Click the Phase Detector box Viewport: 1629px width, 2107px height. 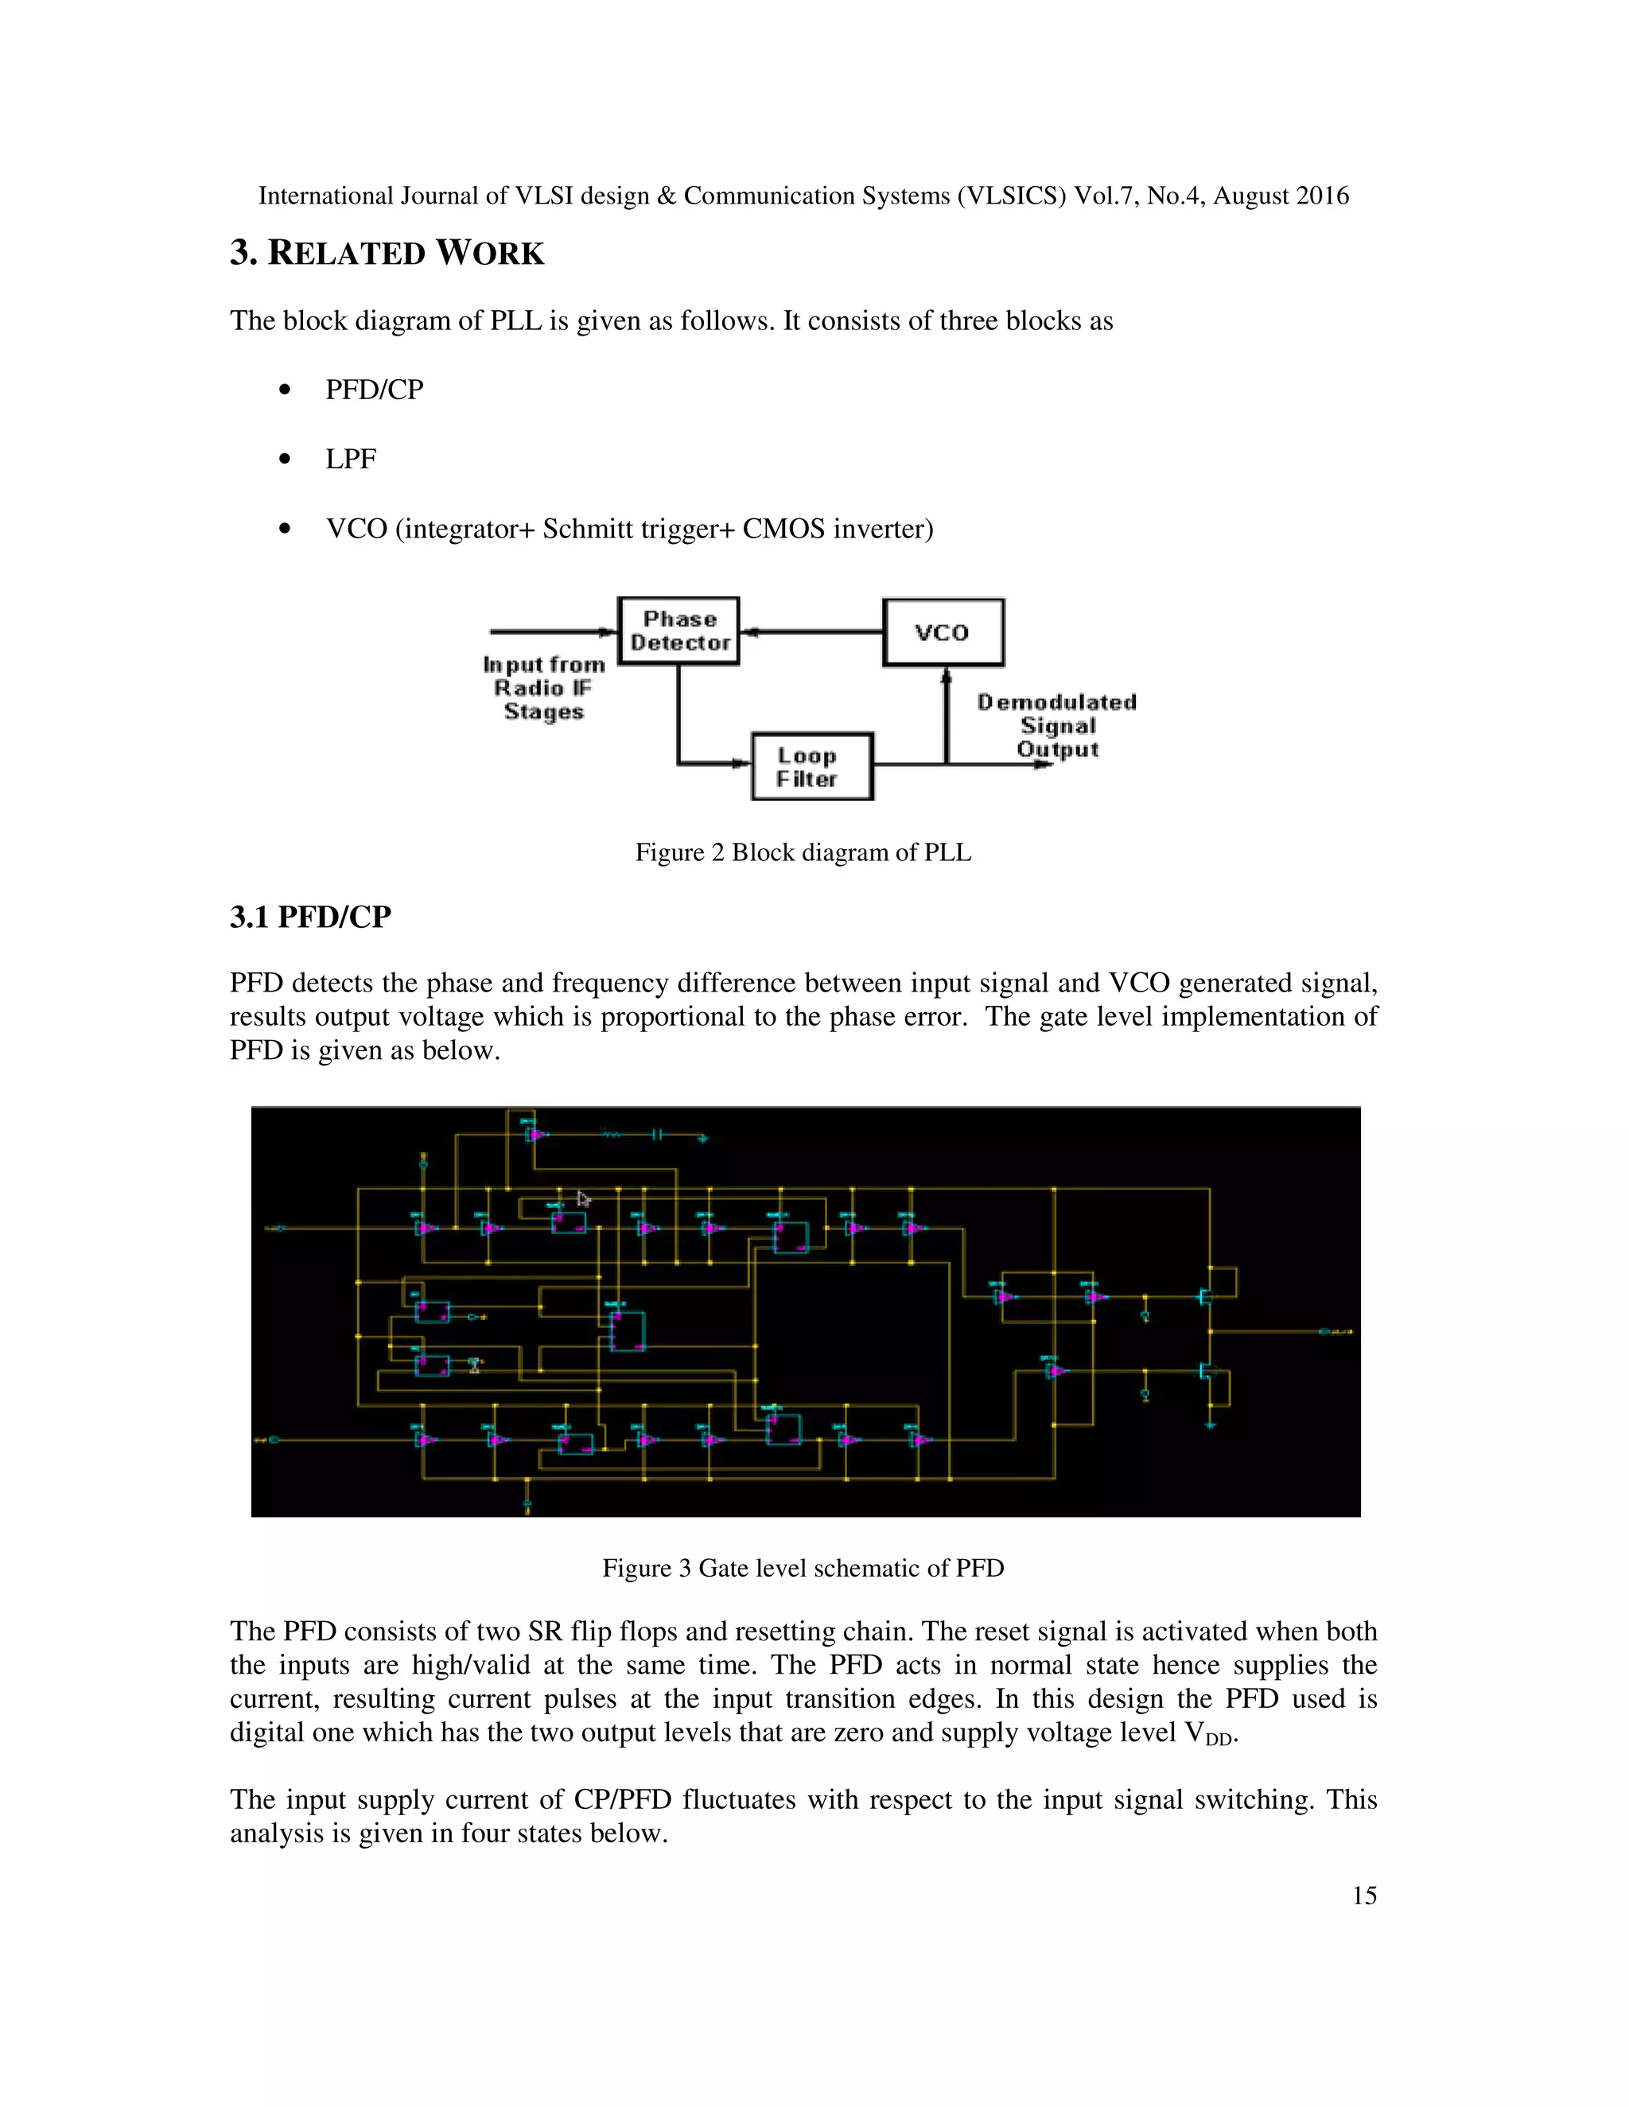point(678,631)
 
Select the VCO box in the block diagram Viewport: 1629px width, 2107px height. point(943,632)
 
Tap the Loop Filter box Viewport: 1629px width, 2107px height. point(811,767)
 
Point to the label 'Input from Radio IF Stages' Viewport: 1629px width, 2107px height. point(543,688)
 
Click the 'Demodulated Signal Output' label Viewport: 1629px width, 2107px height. point(1057,725)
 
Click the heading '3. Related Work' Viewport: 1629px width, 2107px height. point(387,253)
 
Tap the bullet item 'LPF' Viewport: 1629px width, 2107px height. point(350,460)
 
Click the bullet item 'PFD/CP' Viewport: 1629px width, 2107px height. point(374,390)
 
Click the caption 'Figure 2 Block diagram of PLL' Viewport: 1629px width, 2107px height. point(803,853)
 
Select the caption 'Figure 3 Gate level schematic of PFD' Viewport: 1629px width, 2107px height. point(803,1568)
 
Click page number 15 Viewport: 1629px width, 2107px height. point(1363,1896)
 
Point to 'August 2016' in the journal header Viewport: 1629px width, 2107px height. point(1281,196)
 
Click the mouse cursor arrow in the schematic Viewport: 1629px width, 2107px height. point(583,1198)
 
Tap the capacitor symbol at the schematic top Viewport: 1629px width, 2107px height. point(655,1135)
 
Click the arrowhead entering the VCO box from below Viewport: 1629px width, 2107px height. point(947,677)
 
